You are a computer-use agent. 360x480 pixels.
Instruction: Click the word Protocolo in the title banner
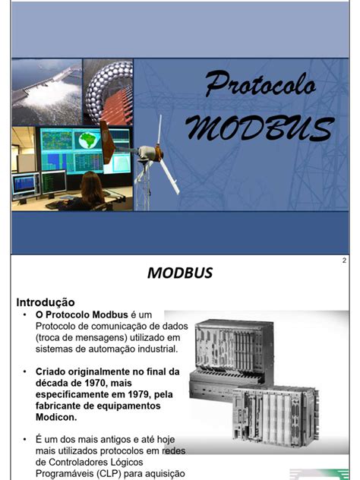[260, 84]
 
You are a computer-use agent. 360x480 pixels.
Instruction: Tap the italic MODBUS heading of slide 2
[180, 273]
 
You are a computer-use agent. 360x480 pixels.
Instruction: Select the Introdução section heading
[46, 302]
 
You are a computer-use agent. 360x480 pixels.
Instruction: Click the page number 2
[344, 261]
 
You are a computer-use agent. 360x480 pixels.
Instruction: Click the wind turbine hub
[149, 153]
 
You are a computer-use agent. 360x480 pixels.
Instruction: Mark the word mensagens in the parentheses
[105, 337]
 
